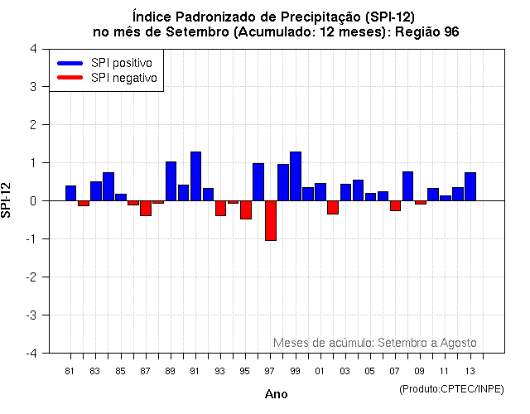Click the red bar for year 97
pos(271,220)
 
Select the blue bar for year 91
pos(196,176)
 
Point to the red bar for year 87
pos(146,208)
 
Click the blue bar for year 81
pos(71,193)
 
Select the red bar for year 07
pos(396,205)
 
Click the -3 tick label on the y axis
pos(31,315)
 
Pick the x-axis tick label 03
pos(345,371)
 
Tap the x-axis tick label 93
pos(220,371)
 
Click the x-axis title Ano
pos(277,394)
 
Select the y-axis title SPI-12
pos(8,200)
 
